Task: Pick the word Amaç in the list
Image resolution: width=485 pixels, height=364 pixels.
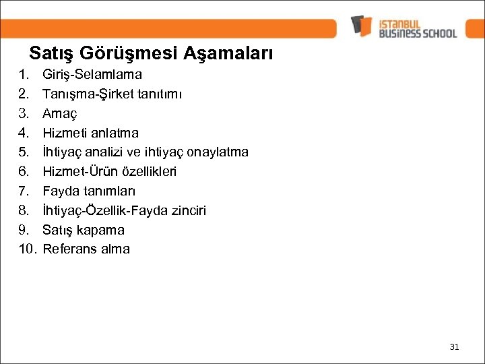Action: click(60, 113)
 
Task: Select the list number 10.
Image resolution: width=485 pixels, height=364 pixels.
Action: click(27, 249)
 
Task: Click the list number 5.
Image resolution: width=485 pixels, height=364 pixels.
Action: click(24, 152)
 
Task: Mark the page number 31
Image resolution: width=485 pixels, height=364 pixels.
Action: click(453, 347)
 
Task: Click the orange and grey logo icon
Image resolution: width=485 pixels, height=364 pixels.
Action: click(361, 26)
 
